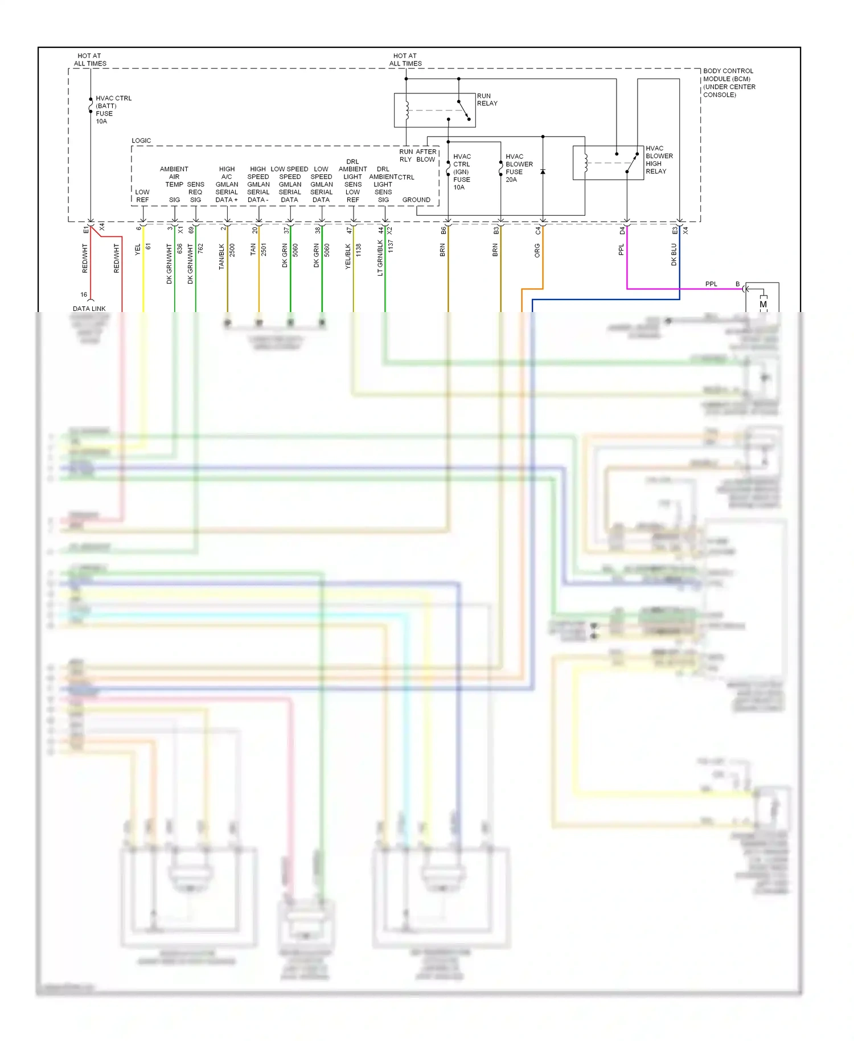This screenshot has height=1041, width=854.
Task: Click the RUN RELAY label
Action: (x=487, y=100)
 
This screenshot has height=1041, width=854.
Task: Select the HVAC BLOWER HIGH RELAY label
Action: (x=659, y=159)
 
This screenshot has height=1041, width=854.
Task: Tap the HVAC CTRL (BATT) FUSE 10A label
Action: (x=113, y=109)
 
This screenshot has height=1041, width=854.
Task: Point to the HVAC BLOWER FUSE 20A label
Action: (x=519, y=168)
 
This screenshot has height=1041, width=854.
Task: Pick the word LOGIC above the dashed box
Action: (x=141, y=141)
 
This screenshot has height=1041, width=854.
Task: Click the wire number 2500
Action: (x=232, y=249)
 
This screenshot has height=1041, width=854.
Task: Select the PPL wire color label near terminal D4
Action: (x=621, y=249)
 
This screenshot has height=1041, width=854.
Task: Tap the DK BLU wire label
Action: (x=674, y=255)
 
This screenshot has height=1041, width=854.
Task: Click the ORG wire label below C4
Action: (x=537, y=251)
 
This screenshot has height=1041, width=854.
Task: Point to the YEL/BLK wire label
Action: (x=347, y=256)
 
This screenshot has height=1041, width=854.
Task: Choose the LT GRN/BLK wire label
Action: (x=380, y=258)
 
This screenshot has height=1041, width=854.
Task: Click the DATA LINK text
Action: (x=89, y=309)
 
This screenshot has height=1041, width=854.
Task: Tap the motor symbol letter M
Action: (x=763, y=304)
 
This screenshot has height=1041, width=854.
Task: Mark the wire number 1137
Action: (x=391, y=246)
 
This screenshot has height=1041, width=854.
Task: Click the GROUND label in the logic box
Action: (x=416, y=200)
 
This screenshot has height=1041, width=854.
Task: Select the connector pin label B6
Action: (x=443, y=230)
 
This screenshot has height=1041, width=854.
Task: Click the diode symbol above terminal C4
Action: (x=543, y=171)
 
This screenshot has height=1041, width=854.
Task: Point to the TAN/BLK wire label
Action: (x=221, y=256)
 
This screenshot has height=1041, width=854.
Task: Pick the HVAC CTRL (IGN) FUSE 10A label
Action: (x=462, y=171)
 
